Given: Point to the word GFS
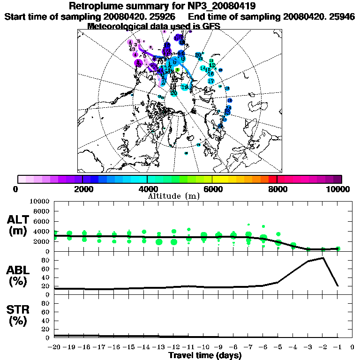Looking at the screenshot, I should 210,26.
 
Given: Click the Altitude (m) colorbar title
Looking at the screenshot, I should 173,196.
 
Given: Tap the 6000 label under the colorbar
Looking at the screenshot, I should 212,189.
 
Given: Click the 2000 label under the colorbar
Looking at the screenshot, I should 82,189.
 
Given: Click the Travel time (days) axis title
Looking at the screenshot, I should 205,356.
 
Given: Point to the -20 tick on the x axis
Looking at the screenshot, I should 54,347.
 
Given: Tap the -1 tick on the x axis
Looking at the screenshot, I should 337,347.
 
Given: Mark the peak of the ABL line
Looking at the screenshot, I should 323,257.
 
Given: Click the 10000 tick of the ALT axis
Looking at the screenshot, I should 39,202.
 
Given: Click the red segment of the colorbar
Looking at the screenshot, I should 273,179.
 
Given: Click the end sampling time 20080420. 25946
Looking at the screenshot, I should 319,16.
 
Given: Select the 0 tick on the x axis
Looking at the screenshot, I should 352,347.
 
